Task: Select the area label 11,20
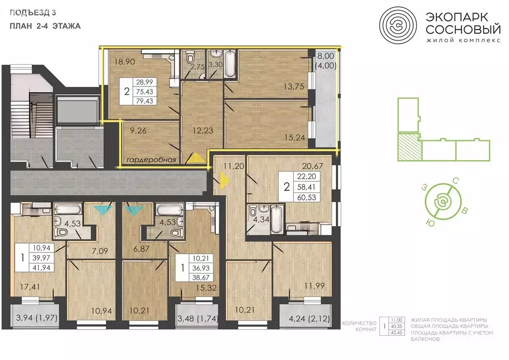(232, 166)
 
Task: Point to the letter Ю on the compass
(427, 223)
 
